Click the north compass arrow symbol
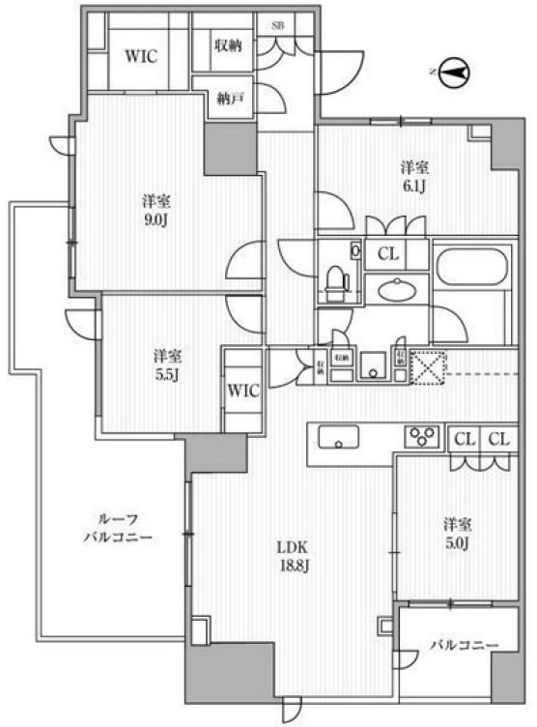[x=453, y=71]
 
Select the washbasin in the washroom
[x=395, y=290]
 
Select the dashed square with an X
[x=426, y=367]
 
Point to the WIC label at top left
[x=140, y=55]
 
